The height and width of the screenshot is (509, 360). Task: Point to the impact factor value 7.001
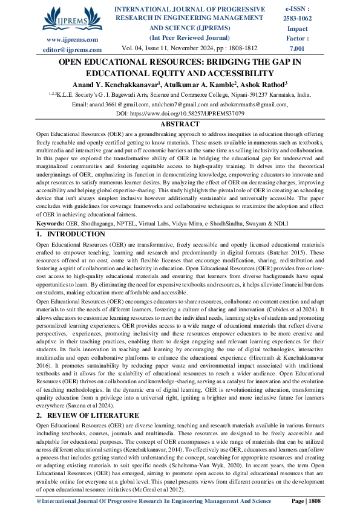[298, 47]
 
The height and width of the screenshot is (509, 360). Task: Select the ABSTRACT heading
[179, 123]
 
